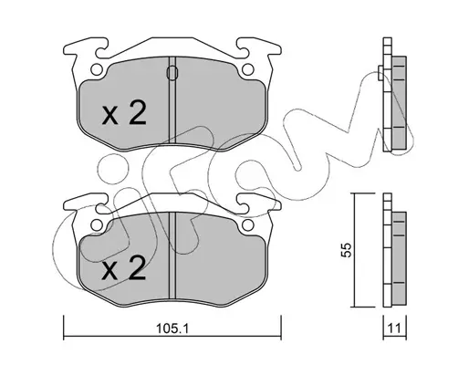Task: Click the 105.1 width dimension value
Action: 172,328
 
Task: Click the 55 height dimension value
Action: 347,250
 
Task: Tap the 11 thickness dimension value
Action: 394,328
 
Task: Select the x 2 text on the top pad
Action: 124,113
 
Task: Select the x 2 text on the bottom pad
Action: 124,268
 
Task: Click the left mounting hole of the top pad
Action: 97,69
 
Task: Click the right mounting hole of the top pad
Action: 248,69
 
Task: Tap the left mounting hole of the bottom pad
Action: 97,225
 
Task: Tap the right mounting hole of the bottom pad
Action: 248,225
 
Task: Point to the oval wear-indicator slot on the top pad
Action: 172,73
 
